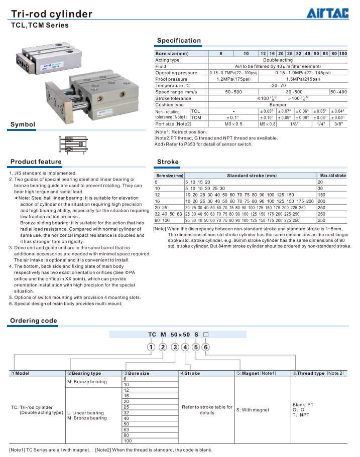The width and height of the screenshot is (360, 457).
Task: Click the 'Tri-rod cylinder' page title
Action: pos(52,14)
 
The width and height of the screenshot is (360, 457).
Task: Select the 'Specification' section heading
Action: pos(179,41)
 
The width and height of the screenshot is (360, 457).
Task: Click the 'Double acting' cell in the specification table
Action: pos(278,60)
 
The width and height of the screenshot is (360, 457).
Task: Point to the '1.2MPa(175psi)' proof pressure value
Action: pos(233,79)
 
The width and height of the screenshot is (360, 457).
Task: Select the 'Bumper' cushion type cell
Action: pos(278,105)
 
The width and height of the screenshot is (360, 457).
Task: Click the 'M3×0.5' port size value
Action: pos(233,123)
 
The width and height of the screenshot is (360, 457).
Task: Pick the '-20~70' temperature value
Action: pos(278,86)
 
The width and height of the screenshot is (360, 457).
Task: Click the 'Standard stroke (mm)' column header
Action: pos(251,176)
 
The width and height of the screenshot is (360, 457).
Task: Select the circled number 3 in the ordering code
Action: pos(175,347)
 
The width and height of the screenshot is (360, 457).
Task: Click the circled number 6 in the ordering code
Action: pos(206,347)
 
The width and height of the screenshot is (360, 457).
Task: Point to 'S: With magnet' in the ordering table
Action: pos(253,410)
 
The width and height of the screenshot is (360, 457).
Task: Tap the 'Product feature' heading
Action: pos(36,162)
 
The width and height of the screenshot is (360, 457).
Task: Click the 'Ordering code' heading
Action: pos(34,321)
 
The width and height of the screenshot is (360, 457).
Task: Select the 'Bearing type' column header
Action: pos(86,373)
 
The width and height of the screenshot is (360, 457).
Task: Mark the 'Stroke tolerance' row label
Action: pos(173,98)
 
